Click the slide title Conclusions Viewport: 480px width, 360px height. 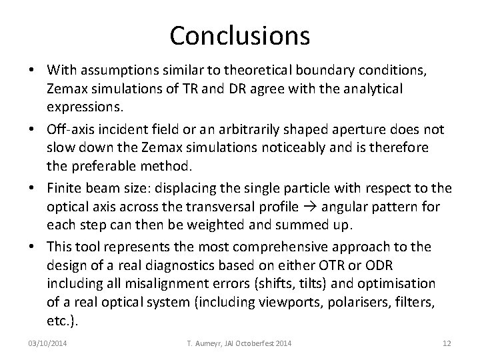(x=239, y=35)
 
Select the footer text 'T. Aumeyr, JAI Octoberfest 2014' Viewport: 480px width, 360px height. (x=239, y=343)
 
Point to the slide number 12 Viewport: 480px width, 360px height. (x=447, y=343)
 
